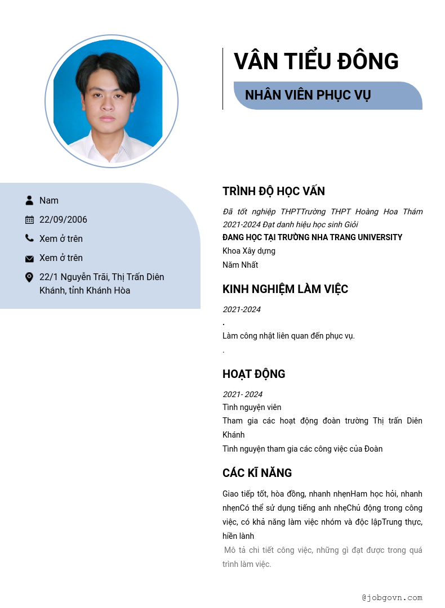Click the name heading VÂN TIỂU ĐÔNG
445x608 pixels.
click(316, 61)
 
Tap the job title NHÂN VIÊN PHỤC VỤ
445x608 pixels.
click(308, 95)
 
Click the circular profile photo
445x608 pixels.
click(112, 101)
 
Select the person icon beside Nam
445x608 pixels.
click(29, 200)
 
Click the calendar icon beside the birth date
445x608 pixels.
click(29, 219)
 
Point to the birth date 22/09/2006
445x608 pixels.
click(63, 219)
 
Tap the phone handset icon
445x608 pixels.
click(29, 238)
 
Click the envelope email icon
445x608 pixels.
click(29, 258)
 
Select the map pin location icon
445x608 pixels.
click(29, 277)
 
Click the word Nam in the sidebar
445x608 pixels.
click(49, 200)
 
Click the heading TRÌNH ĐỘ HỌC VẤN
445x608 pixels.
click(274, 191)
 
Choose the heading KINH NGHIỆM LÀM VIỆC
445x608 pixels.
click(285, 289)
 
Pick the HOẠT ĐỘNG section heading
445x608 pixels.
click(253, 374)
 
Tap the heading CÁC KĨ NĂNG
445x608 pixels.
click(257, 473)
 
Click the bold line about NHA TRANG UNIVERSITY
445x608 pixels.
click(312, 237)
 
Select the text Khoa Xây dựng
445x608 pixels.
click(249, 251)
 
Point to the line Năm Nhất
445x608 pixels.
click(240, 265)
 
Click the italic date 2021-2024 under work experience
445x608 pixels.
click(242, 309)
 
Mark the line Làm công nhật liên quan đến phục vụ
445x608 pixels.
click(288, 336)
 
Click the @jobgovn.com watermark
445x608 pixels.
click(392, 597)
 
